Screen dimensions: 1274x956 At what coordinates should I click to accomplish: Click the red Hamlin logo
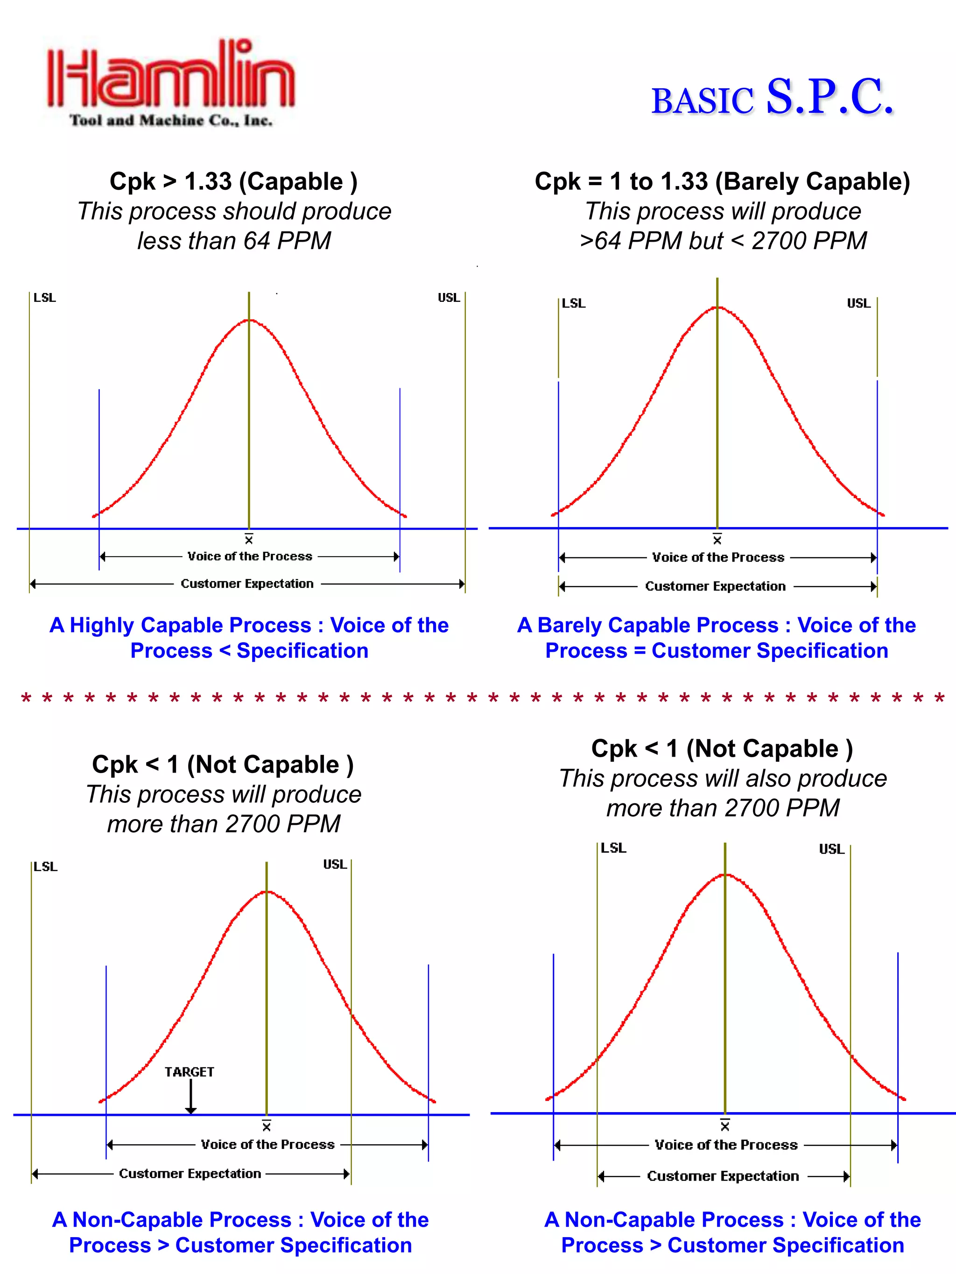[x=170, y=75]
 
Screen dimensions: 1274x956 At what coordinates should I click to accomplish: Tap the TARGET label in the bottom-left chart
[x=189, y=1072]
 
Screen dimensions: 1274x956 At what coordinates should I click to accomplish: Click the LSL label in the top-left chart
[x=44, y=298]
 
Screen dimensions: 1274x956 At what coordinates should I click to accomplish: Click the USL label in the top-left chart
[x=448, y=298]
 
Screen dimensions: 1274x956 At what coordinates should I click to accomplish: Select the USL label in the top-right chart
[x=858, y=304]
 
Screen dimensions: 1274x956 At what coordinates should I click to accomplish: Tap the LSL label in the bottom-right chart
[x=613, y=848]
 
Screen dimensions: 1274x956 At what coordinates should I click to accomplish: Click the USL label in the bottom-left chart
[x=335, y=864]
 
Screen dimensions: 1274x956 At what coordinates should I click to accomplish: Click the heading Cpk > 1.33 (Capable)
[x=233, y=181]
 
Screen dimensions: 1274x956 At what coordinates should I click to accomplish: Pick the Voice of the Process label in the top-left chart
[x=250, y=557]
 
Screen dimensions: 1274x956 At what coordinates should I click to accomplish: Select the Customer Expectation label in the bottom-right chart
[x=723, y=1176]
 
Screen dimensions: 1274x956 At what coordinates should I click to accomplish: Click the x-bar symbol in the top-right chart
[x=717, y=540]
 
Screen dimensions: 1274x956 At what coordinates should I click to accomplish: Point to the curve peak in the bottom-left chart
[x=267, y=891]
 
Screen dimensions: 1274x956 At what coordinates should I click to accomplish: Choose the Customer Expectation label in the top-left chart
[x=247, y=584]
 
